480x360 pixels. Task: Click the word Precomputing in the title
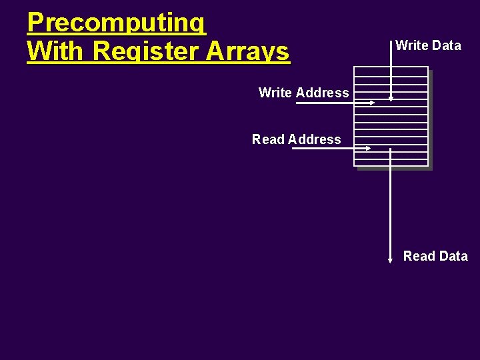click(117, 23)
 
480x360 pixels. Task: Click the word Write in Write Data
click(411, 45)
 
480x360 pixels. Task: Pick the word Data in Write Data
click(446, 45)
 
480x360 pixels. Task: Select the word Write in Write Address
click(275, 93)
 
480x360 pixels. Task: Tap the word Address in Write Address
click(323, 93)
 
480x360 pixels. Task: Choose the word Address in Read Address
click(315, 139)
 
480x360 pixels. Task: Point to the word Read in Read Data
click(418, 256)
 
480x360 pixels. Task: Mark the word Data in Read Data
click(453, 256)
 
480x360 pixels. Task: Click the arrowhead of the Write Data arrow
click(391, 99)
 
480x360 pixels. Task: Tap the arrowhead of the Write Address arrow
click(373, 103)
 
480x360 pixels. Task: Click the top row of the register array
click(391, 70)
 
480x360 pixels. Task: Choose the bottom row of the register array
click(391, 161)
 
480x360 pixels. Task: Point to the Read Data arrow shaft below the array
click(390, 207)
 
